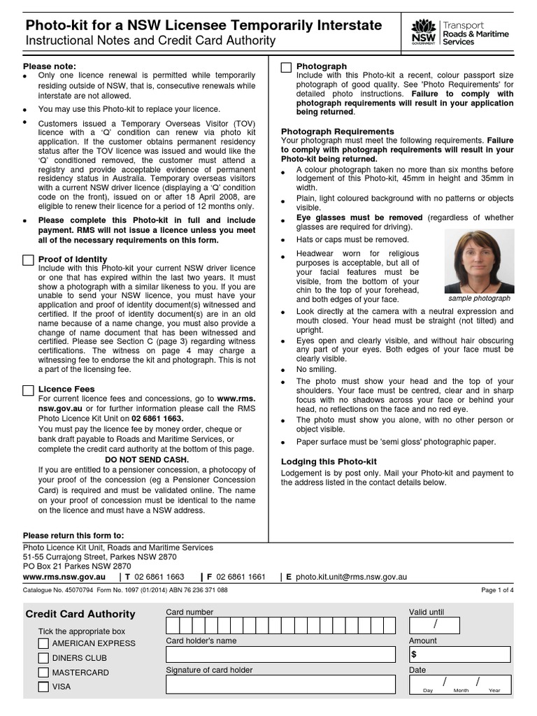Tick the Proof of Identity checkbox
pos(28,260)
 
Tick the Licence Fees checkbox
pos(28,389)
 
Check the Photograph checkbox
pos(286,67)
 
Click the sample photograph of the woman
pos(479,262)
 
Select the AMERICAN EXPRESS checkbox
pos(43,643)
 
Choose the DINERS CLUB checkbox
pos(43,658)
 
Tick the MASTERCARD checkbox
pos(43,673)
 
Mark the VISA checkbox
pos(43,687)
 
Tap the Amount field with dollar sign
pos(459,654)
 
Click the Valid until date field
pos(459,624)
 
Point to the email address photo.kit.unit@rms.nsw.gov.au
pos(350,578)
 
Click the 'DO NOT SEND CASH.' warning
pos(147,460)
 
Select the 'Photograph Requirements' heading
pos(338,131)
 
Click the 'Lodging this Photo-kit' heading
pos(329,461)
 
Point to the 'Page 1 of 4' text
pos(497,590)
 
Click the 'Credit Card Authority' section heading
pos(80,614)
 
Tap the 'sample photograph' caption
pos(479,298)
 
